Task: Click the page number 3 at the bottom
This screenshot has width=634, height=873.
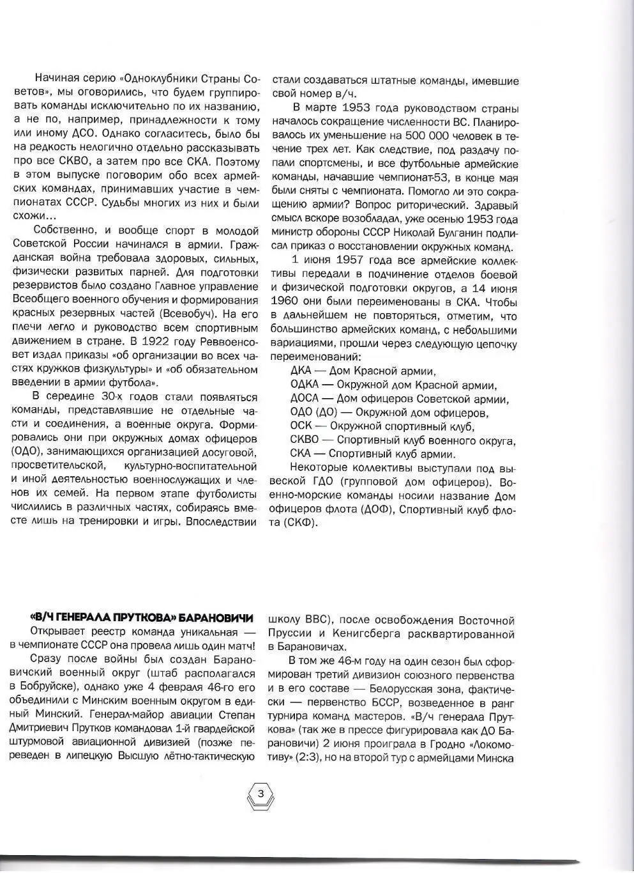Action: tap(260, 794)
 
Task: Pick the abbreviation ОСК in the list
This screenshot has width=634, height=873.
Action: tap(301, 427)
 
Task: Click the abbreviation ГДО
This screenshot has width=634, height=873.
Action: tap(328, 482)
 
